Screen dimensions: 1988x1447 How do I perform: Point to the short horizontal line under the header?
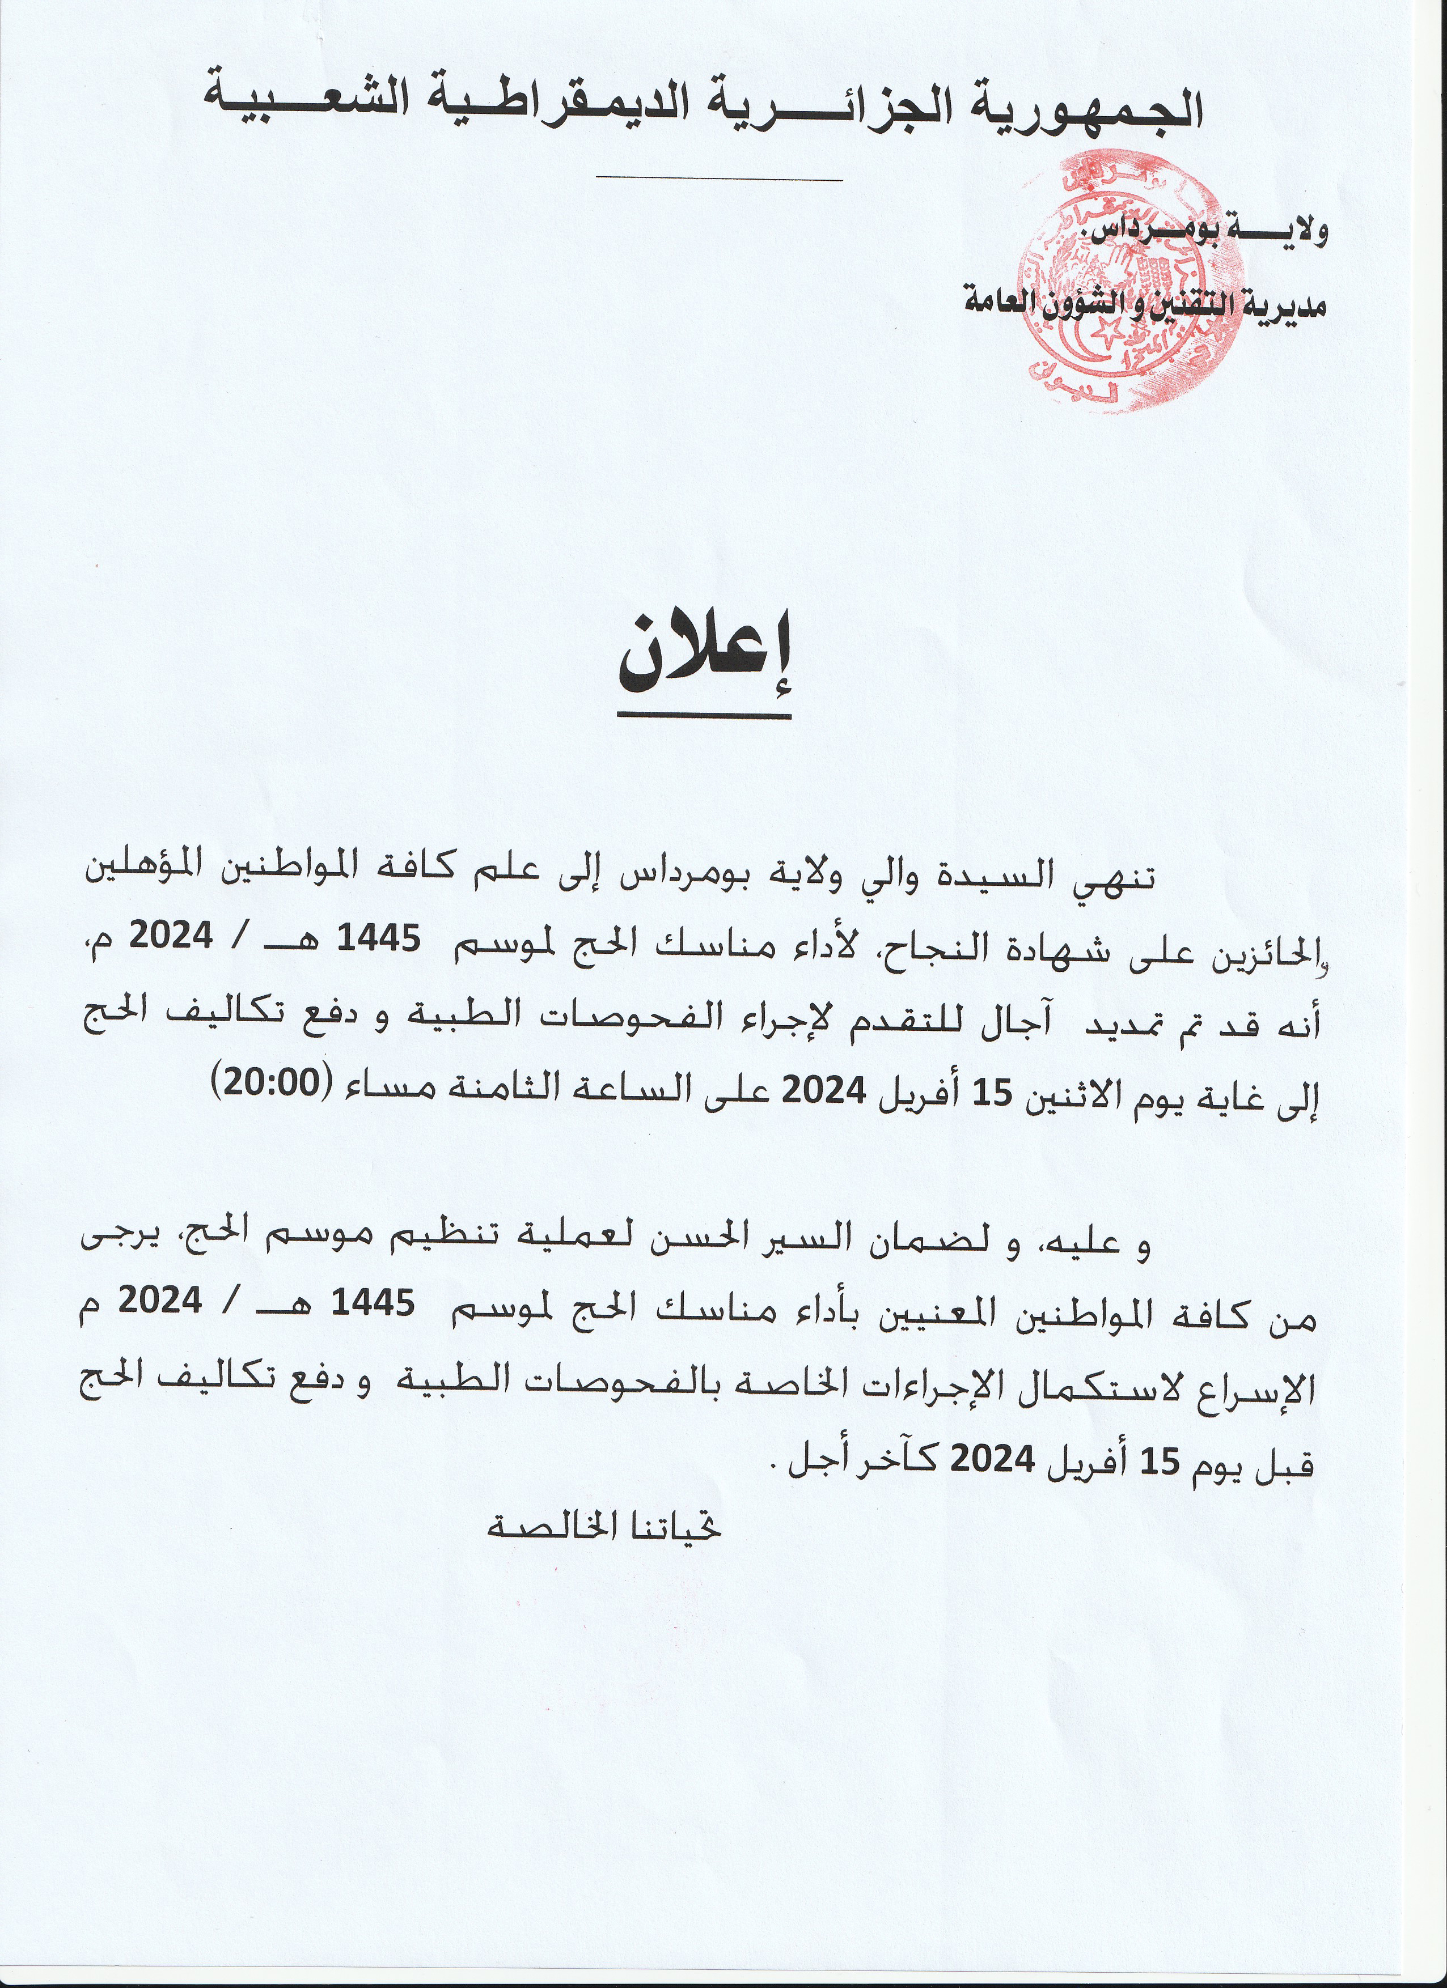[718, 180]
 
